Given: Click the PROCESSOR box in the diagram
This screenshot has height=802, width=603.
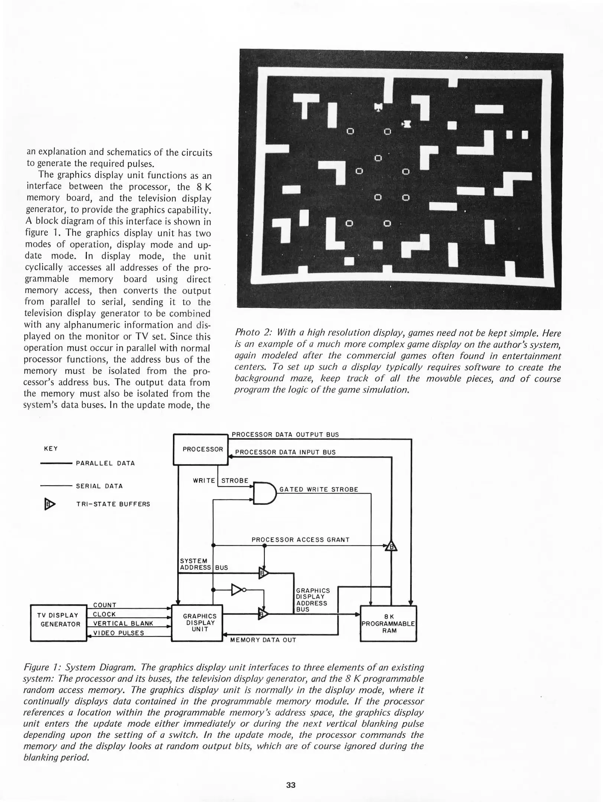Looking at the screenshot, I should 201,449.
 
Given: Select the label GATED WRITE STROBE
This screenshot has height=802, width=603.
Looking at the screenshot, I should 319,489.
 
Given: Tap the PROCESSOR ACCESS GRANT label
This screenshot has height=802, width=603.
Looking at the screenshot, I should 300,539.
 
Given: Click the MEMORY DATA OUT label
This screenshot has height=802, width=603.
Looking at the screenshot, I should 263,640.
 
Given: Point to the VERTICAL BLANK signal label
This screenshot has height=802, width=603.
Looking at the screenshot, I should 123,623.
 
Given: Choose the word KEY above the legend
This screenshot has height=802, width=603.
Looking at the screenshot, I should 51,449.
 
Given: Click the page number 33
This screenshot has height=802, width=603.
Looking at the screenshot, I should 291,785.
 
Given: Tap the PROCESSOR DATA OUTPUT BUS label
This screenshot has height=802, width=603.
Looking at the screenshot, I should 285,434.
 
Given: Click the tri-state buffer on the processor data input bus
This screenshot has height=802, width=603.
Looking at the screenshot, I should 391,546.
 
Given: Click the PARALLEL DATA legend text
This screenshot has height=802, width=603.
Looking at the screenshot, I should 105,463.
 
